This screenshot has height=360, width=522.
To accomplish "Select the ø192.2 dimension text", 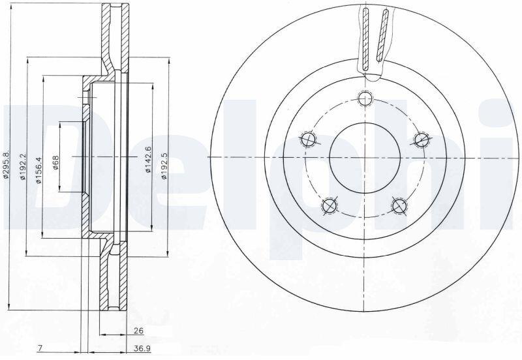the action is (x=23, y=166).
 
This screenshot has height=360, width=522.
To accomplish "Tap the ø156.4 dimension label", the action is (x=38, y=170).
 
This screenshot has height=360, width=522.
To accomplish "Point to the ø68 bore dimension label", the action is (x=55, y=162).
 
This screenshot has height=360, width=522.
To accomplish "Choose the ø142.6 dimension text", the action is (x=148, y=159).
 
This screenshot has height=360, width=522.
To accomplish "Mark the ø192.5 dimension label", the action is (x=164, y=166).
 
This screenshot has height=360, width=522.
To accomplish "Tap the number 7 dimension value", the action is (x=39, y=348).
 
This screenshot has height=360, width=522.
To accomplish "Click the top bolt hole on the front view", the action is (x=365, y=98).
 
